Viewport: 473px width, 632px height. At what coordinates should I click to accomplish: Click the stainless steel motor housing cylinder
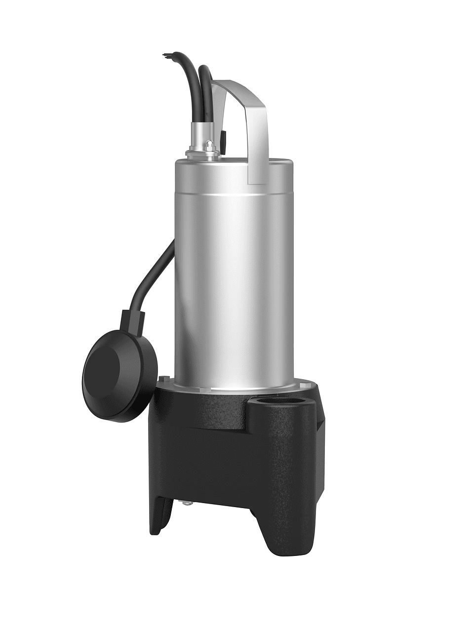pos(232,276)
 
